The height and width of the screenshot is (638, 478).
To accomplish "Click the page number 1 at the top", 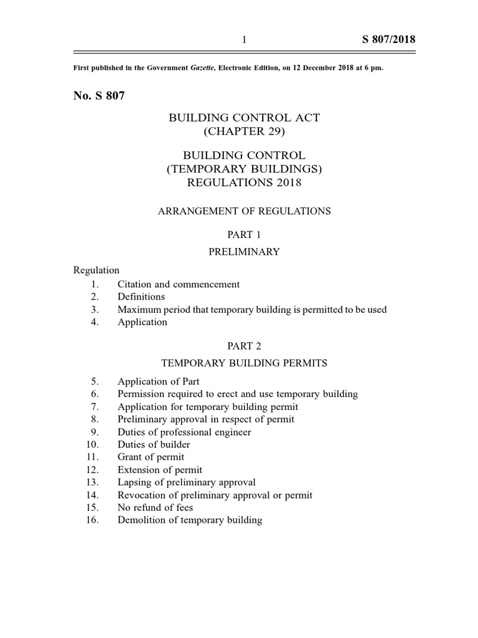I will (244, 40).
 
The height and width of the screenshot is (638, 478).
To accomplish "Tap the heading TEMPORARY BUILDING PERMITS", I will (243, 363).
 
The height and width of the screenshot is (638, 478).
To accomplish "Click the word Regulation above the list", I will (96, 270).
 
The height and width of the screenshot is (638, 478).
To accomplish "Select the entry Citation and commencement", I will (179, 284).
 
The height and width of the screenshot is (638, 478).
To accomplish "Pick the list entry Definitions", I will (141, 297).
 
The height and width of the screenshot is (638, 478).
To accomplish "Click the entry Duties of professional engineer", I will (184, 432).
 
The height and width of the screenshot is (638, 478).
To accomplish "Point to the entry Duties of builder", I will (154, 444).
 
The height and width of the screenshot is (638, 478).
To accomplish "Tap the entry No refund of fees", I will (155, 507).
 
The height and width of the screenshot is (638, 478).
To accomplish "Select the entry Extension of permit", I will (160, 470).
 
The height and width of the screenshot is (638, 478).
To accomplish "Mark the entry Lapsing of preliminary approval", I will (186, 482).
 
